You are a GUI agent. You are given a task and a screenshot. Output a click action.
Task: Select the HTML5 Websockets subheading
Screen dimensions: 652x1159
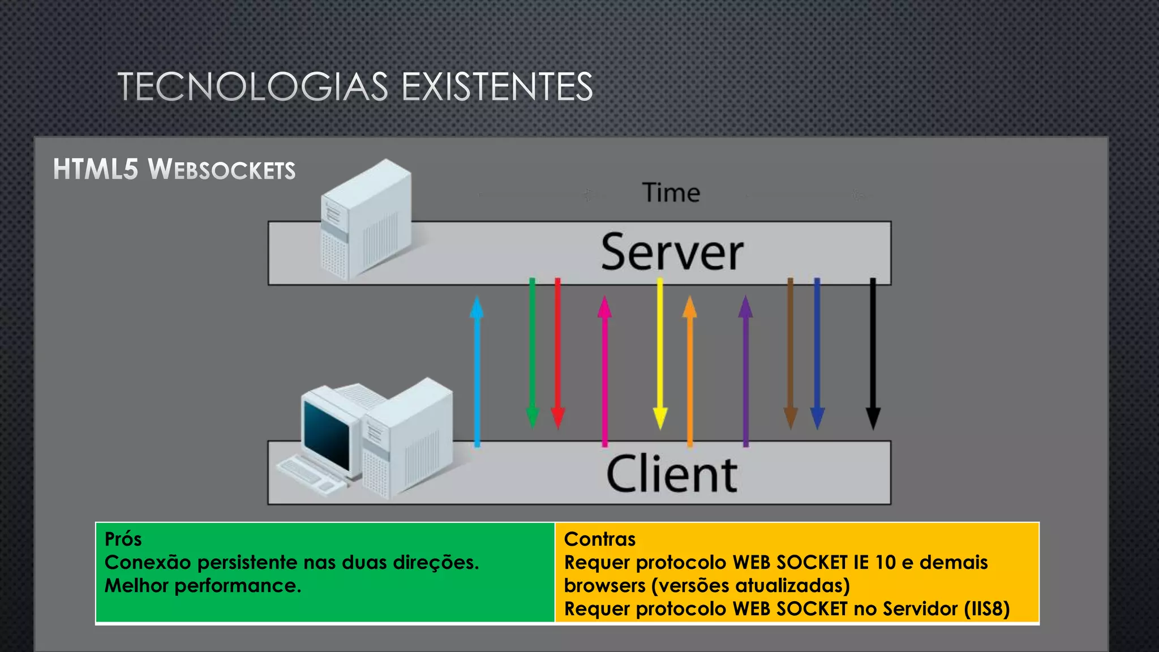click(x=174, y=169)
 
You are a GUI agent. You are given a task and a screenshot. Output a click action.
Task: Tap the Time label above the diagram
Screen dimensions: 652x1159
click(x=671, y=193)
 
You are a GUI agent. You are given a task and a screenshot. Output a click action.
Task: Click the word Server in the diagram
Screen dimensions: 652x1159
click(x=672, y=252)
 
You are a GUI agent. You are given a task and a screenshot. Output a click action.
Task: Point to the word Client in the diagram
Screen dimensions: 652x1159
click(x=672, y=474)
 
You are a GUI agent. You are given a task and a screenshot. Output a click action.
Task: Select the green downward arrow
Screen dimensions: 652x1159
click(x=532, y=351)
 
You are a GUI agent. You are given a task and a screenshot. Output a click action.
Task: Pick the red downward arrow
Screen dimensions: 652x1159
click(x=557, y=351)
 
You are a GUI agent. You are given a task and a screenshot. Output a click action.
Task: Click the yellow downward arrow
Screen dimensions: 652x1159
click(x=660, y=351)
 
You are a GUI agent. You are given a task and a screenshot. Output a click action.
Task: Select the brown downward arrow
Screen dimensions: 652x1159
click(x=791, y=351)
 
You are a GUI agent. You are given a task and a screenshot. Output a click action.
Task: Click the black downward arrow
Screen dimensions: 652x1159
click(x=873, y=351)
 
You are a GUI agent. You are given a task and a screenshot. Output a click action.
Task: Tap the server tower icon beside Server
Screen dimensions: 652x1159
click(x=365, y=221)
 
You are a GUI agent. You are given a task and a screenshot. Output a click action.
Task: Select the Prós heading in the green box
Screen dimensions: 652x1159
click(x=123, y=539)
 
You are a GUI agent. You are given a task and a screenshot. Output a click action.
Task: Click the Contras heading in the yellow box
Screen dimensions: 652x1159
click(x=600, y=539)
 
